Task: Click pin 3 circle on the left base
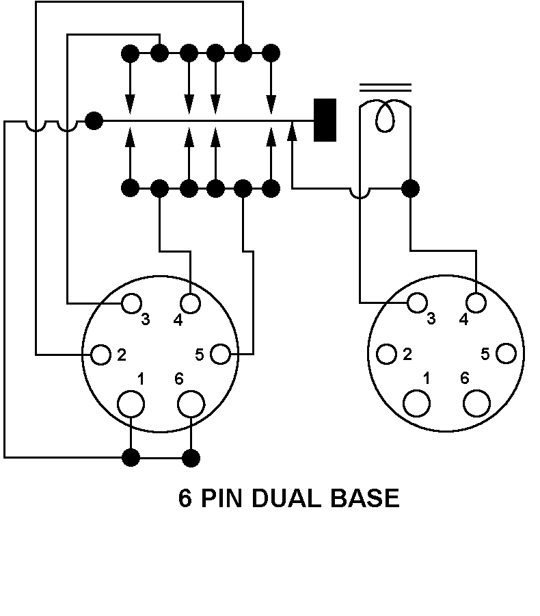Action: tap(131, 303)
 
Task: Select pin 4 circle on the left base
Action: tap(191, 303)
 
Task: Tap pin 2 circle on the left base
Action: tap(101, 355)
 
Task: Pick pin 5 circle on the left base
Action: tap(220, 355)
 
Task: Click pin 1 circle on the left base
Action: tap(131, 404)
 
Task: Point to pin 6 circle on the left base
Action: tap(191, 404)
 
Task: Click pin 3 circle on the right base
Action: tap(417, 302)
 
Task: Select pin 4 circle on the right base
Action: tap(477, 302)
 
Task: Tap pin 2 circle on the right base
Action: tap(387, 354)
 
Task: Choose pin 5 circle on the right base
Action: tap(506, 354)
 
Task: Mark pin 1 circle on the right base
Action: tap(417, 403)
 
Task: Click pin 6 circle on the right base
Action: tap(477, 403)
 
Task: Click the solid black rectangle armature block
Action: tap(325, 120)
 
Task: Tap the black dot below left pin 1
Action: tap(131, 457)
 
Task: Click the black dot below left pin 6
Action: tap(192, 457)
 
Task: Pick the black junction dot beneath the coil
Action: tap(410, 188)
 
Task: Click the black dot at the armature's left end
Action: tap(94, 121)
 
